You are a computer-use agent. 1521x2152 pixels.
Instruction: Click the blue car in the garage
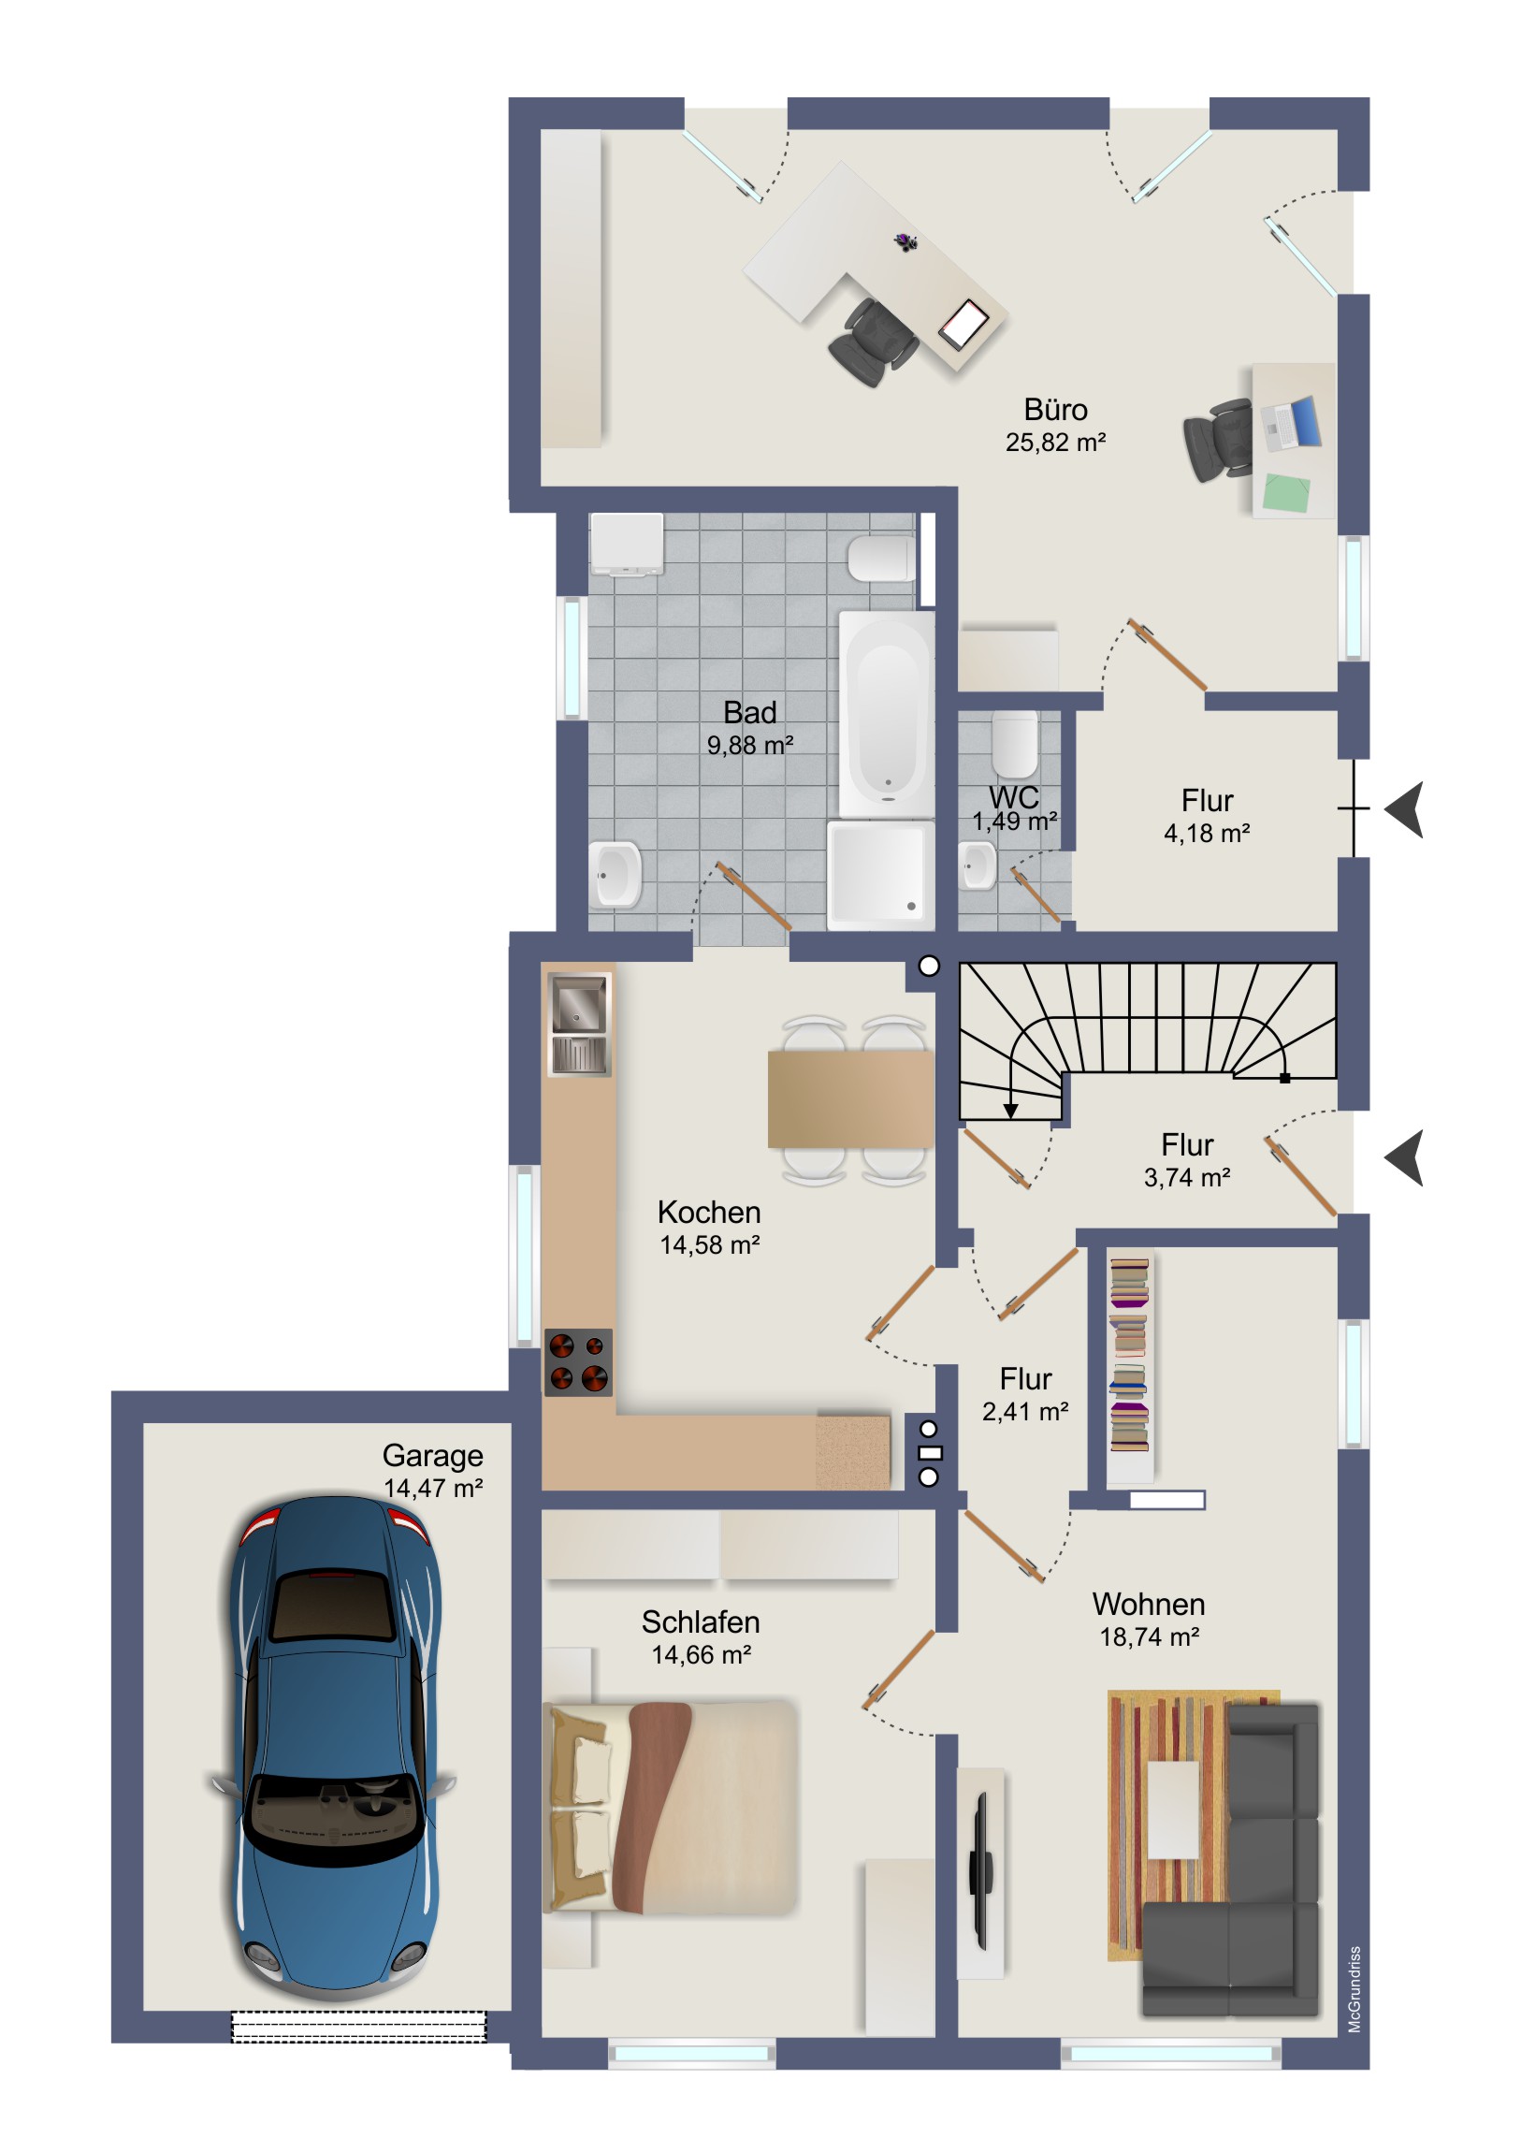(333, 1749)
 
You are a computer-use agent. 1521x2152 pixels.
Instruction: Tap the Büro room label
(1055, 411)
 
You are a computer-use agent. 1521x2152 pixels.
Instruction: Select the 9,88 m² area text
(749, 746)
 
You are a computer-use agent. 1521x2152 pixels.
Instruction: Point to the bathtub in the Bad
(887, 715)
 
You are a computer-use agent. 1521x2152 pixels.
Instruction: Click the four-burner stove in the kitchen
(578, 1363)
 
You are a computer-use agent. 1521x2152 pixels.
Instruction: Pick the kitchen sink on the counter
(578, 1024)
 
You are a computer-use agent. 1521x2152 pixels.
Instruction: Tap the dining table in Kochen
(850, 1099)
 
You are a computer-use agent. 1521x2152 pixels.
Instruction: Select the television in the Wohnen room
(981, 1870)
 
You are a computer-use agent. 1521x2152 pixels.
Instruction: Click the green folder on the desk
(1287, 493)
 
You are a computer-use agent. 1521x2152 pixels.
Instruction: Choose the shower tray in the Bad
(878, 874)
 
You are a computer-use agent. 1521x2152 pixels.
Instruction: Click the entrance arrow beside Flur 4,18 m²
(1405, 809)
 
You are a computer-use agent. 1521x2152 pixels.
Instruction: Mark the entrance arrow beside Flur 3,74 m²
(1405, 1157)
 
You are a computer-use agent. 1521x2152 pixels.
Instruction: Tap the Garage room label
(432, 1456)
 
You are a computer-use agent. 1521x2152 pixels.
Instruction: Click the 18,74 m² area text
(1149, 1637)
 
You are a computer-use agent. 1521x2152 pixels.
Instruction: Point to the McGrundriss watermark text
(1354, 1990)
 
